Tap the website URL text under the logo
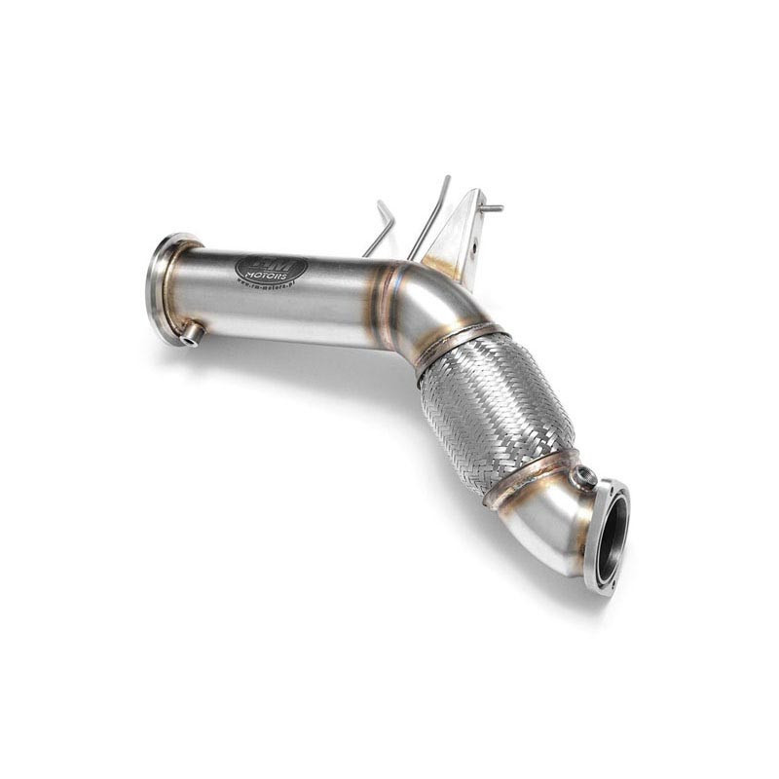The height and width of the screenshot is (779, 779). [x=267, y=285]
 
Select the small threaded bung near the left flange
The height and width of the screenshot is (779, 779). [x=192, y=334]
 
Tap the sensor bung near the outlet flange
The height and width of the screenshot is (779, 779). [x=585, y=477]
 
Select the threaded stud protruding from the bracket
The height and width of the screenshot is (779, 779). [x=493, y=207]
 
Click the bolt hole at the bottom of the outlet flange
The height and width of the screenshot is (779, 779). [x=602, y=585]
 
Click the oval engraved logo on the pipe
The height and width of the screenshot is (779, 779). [x=271, y=270]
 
